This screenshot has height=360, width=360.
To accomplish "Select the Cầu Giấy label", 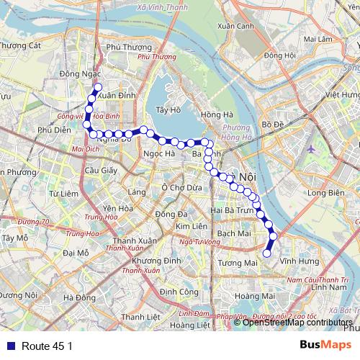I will pos(100,171).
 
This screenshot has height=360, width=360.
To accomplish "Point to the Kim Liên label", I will pos(192,227).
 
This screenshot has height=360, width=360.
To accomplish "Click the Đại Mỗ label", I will pos(76,253).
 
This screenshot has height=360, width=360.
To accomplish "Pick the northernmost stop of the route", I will pos(97,87).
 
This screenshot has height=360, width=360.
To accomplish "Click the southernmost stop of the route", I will pos(266,253).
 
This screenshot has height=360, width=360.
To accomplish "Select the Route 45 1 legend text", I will pos(47,346).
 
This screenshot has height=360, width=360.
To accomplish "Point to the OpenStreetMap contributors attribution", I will pos(297,323).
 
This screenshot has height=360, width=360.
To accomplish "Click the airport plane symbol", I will pos(311,148).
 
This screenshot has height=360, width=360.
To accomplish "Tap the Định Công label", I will pos(179,292).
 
